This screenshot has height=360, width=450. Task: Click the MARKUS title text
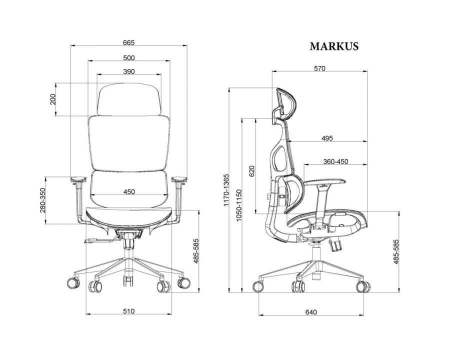pos(334,46)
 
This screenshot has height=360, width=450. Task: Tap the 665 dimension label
pos(128,43)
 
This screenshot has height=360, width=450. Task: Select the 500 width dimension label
pos(128,58)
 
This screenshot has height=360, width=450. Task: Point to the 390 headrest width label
pos(129,71)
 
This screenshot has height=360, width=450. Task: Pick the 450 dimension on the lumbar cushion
pos(129,191)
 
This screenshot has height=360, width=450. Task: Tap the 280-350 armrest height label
pos(43,200)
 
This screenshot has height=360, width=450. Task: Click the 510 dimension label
pos(128,311)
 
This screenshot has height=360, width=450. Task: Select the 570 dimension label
pos(319,68)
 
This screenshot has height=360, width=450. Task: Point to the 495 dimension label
pos(327,138)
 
